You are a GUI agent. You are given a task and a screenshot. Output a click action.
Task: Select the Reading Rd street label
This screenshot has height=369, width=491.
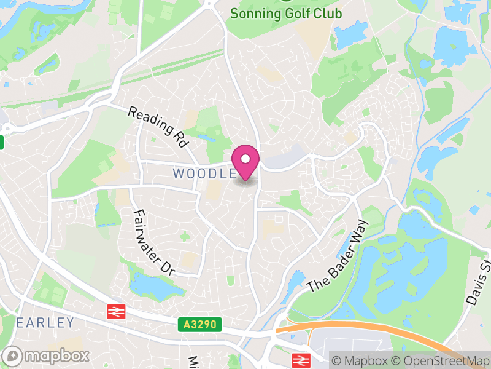158,127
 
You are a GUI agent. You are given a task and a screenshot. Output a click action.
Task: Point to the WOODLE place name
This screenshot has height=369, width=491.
204,173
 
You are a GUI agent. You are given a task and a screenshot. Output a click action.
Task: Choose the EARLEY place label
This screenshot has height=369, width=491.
45,323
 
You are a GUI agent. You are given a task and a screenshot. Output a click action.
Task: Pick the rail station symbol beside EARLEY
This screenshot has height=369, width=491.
115,312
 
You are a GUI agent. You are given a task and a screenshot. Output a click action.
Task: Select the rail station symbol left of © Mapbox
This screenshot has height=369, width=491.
301,360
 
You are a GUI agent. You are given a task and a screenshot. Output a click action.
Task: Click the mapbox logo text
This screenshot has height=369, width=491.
56,355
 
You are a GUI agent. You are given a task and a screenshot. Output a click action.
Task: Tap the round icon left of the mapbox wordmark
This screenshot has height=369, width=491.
14,355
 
